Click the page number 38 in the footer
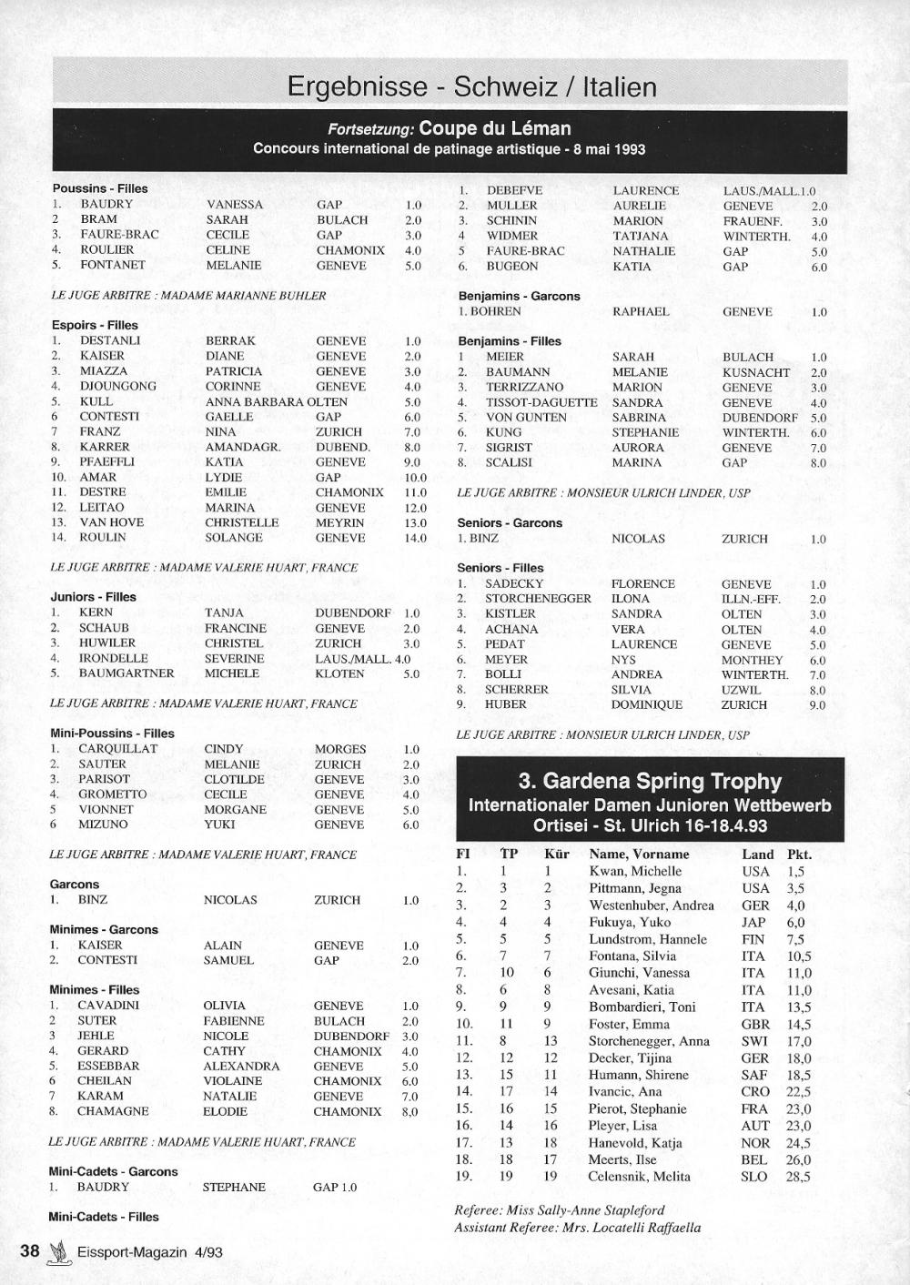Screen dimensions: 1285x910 [30, 1250]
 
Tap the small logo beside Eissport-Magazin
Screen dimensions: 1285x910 [59, 1252]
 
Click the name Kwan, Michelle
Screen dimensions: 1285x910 [635, 871]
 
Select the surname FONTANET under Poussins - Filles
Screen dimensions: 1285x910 [113, 265]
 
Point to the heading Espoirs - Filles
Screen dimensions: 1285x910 [95, 325]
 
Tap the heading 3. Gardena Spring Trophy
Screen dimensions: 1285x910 [650, 781]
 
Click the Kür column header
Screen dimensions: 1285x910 [556, 854]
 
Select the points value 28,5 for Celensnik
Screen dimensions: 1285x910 [798, 1177]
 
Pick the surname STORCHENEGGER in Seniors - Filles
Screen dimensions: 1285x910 [538, 599]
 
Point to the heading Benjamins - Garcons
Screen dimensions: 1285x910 [519, 296]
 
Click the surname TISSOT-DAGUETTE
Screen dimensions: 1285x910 [541, 402]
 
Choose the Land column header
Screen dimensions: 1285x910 [757, 854]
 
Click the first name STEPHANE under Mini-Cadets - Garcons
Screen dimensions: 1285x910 [234, 1187]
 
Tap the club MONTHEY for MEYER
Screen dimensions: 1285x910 [752, 660]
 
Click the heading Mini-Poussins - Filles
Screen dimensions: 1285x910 [112, 733]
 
